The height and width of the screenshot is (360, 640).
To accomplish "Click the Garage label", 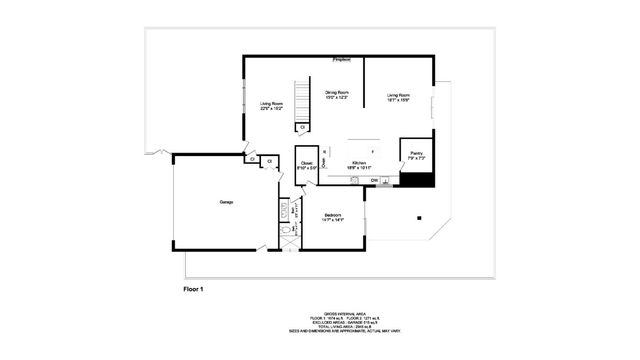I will (227, 203).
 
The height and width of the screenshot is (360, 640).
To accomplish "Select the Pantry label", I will (416, 156).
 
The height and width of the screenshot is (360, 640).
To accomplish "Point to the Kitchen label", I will (359, 163).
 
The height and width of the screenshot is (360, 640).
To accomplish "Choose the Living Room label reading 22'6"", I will (272, 107).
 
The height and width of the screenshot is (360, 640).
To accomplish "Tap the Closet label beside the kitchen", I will (306, 165).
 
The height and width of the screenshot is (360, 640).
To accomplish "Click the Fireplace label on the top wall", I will (342, 60).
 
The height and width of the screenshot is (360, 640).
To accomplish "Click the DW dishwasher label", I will (375, 180).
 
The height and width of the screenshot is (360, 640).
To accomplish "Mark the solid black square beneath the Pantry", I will (417, 180).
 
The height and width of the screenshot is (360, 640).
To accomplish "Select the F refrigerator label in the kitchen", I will (372, 150).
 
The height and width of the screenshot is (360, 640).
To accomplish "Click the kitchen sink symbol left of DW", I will (356, 180).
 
